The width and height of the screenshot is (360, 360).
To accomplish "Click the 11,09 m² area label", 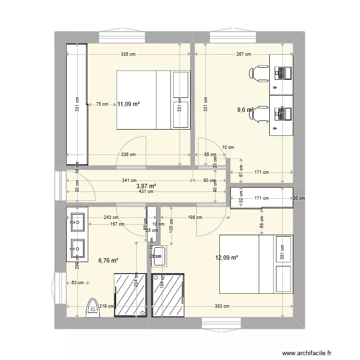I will pyautogui.click(x=128, y=103).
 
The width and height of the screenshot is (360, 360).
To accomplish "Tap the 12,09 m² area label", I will pyautogui.click(x=227, y=258).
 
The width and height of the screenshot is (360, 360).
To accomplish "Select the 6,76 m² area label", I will pyautogui.click(x=108, y=261).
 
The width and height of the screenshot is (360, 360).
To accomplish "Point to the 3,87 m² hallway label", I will pyautogui.click(x=146, y=186).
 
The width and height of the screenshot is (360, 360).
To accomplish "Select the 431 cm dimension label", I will pyautogui.click(x=146, y=192).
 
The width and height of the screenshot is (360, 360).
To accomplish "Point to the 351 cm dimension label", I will pyautogui.click(x=282, y=253).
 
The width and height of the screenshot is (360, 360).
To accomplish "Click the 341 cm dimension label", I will pyautogui.click(x=128, y=180).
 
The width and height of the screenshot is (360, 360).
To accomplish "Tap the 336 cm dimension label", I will pyautogui.click(x=128, y=155).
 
